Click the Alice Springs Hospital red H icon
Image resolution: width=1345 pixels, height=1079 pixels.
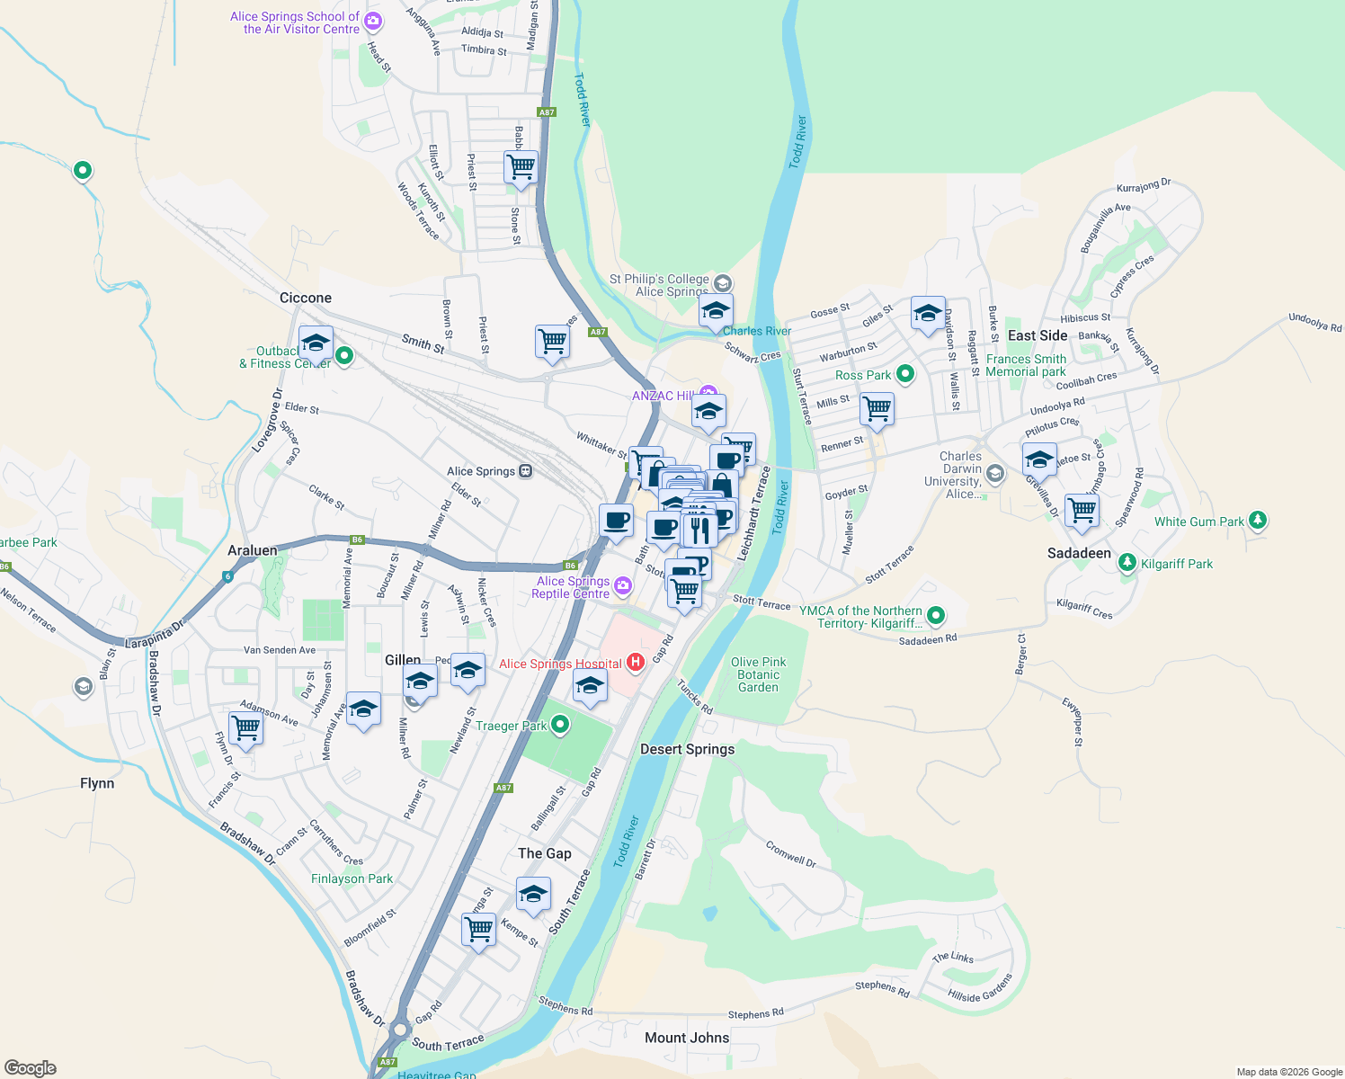click(636, 663)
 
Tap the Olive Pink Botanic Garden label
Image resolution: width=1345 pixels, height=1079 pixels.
click(758, 674)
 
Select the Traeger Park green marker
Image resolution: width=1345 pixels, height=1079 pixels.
click(560, 725)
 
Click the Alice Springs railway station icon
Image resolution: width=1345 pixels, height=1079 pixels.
click(526, 471)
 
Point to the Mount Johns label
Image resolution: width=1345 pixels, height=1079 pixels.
click(687, 1038)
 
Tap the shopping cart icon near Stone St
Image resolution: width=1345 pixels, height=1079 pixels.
click(521, 166)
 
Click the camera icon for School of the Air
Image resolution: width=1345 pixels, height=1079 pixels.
click(373, 22)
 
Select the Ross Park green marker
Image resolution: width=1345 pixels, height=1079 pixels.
click(905, 374)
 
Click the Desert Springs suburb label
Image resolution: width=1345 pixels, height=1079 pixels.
click(687, 749)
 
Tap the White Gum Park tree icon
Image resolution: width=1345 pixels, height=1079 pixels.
click(1258, 521)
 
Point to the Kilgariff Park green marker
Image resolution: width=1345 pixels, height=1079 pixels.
click(1127, 563)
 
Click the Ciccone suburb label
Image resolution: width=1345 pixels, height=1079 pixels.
click(306, 298)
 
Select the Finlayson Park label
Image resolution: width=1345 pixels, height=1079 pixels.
click(352, 878)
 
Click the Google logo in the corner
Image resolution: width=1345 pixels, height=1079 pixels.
click(30, 1068)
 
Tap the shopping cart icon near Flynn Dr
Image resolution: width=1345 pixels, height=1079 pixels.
click(245, 728)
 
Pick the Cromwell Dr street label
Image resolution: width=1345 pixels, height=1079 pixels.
click(791, 854)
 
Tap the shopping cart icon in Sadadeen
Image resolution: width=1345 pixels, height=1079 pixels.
click(1082, 510)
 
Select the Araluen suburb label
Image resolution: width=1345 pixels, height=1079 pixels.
click(253, 550)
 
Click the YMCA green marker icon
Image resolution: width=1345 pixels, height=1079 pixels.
click(936, 616)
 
